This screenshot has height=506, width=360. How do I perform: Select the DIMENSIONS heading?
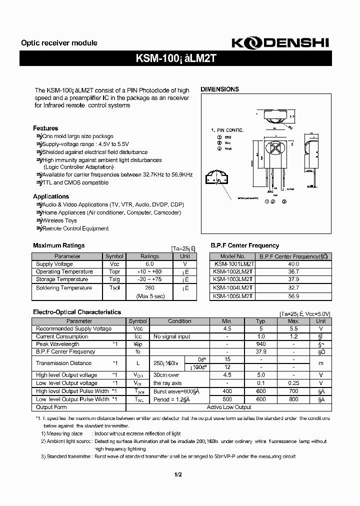coord(219,89)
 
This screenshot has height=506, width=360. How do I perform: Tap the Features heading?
coord(45,128)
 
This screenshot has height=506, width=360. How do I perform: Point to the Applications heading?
coord(51,196)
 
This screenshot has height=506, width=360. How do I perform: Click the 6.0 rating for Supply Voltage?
coord(149,264)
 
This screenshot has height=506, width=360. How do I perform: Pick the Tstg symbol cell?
coord(114,279)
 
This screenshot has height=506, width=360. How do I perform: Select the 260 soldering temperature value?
coord(149,288)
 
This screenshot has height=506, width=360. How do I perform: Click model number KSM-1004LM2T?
coord(232,288)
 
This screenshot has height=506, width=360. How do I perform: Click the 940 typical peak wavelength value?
coord(260,344)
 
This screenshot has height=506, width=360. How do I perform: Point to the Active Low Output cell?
coord(229,407)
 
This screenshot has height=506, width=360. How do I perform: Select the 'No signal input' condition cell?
coord(171,336)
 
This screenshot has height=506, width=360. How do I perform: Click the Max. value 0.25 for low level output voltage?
coord(293,383)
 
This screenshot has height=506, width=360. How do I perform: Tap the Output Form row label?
coord(51,407)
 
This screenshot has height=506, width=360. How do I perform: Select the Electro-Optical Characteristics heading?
coord(77,312)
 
